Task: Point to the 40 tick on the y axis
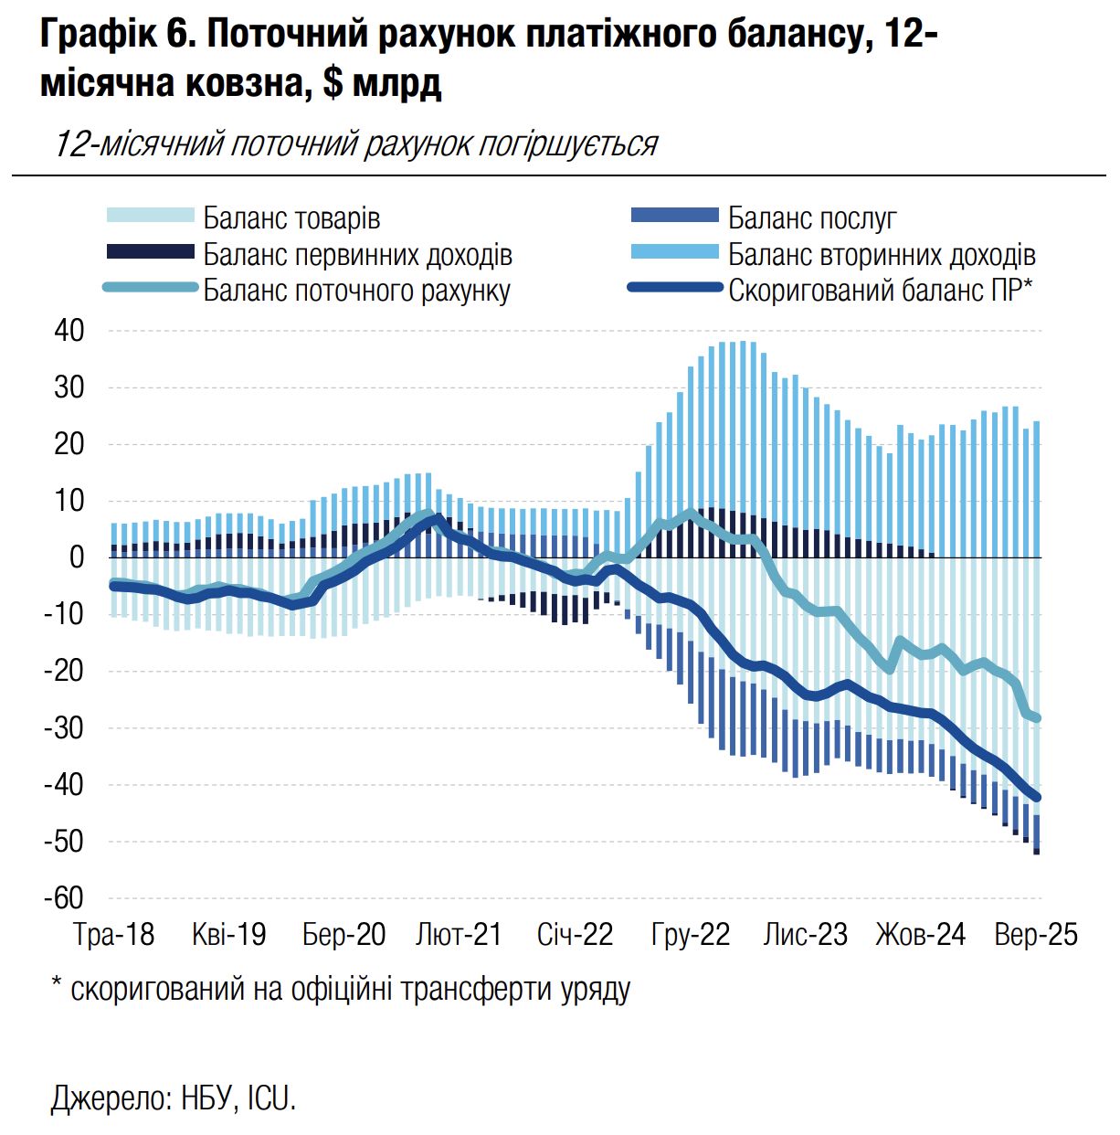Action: [x=69, y=331]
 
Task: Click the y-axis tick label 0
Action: [x=77, y=557]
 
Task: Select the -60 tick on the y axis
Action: [x=64, y=898]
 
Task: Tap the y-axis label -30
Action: [x=64, y=728]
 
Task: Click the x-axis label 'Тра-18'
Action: [x=114, y=935]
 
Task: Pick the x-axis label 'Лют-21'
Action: [x=459, y=935]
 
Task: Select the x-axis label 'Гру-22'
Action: [x=691, y=935]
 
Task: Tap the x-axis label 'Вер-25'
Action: [x=1036, y=935]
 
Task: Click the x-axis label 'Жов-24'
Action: [x=920, y=935]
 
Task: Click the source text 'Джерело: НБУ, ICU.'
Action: [x=174, y=1098]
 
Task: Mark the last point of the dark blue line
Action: [x=1036, y=798]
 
